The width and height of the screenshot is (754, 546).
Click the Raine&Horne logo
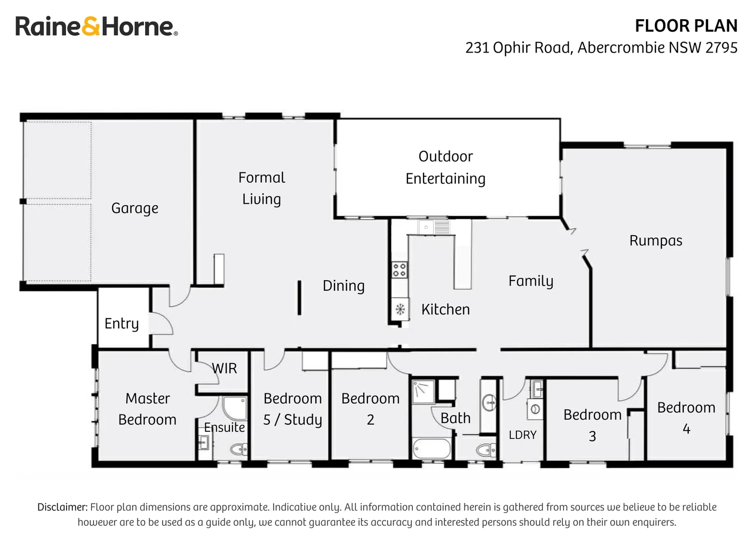(96, 26)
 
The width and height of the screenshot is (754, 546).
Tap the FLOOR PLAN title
(686, 26)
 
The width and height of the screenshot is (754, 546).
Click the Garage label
(134, 208)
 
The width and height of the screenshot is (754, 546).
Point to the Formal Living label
(261, 188)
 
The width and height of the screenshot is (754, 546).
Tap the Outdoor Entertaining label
(445, 167)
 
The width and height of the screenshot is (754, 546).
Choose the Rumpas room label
(655, 241)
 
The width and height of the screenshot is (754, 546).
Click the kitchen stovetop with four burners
(399, 269)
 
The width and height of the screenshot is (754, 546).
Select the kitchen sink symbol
(434, 227)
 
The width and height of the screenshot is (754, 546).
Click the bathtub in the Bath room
(431, 449)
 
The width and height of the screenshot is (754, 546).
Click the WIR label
(224, 369)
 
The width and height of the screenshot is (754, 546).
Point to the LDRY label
(523, 435)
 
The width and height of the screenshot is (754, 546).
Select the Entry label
(121, 324)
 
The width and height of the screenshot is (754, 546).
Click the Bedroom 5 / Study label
(293, 409)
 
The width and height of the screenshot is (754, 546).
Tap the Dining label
(344, 286)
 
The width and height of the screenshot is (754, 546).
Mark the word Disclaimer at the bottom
(62, 507)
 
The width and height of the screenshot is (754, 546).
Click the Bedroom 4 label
(686, 418)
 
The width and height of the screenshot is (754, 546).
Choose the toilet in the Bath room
(486, 449)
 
